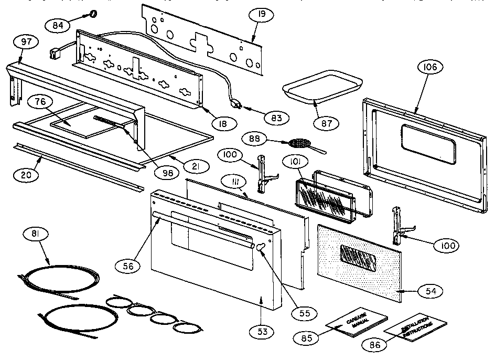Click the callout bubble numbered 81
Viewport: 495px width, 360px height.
(39, 233)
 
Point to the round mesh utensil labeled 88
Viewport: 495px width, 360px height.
(299, 143)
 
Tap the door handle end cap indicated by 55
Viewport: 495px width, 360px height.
(261, 247)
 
